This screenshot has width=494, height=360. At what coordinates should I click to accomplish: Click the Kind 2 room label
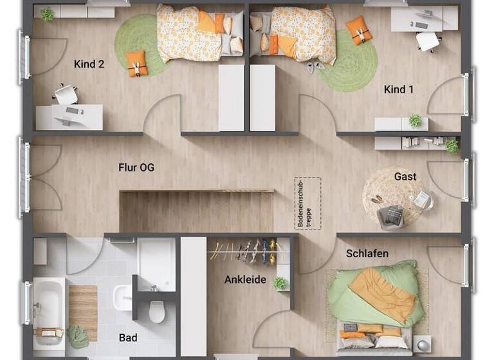89,64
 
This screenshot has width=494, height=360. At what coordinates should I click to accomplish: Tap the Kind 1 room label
399,89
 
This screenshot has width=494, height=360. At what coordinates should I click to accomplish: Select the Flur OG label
136,168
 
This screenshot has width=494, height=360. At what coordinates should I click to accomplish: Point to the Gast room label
405,176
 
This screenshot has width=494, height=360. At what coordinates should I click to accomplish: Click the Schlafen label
367,253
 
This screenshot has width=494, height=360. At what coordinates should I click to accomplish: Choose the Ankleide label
245,280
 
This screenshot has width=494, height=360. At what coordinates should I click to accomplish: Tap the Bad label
128,337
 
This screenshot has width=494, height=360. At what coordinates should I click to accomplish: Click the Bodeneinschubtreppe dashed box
307,203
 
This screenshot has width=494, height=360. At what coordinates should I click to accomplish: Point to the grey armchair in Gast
390,216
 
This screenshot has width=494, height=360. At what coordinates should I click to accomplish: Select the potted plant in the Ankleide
280,283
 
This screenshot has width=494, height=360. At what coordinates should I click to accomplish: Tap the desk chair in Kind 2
65,94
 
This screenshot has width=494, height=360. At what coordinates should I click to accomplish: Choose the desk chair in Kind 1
427,40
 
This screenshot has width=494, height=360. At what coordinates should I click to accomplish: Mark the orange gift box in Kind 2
136,63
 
